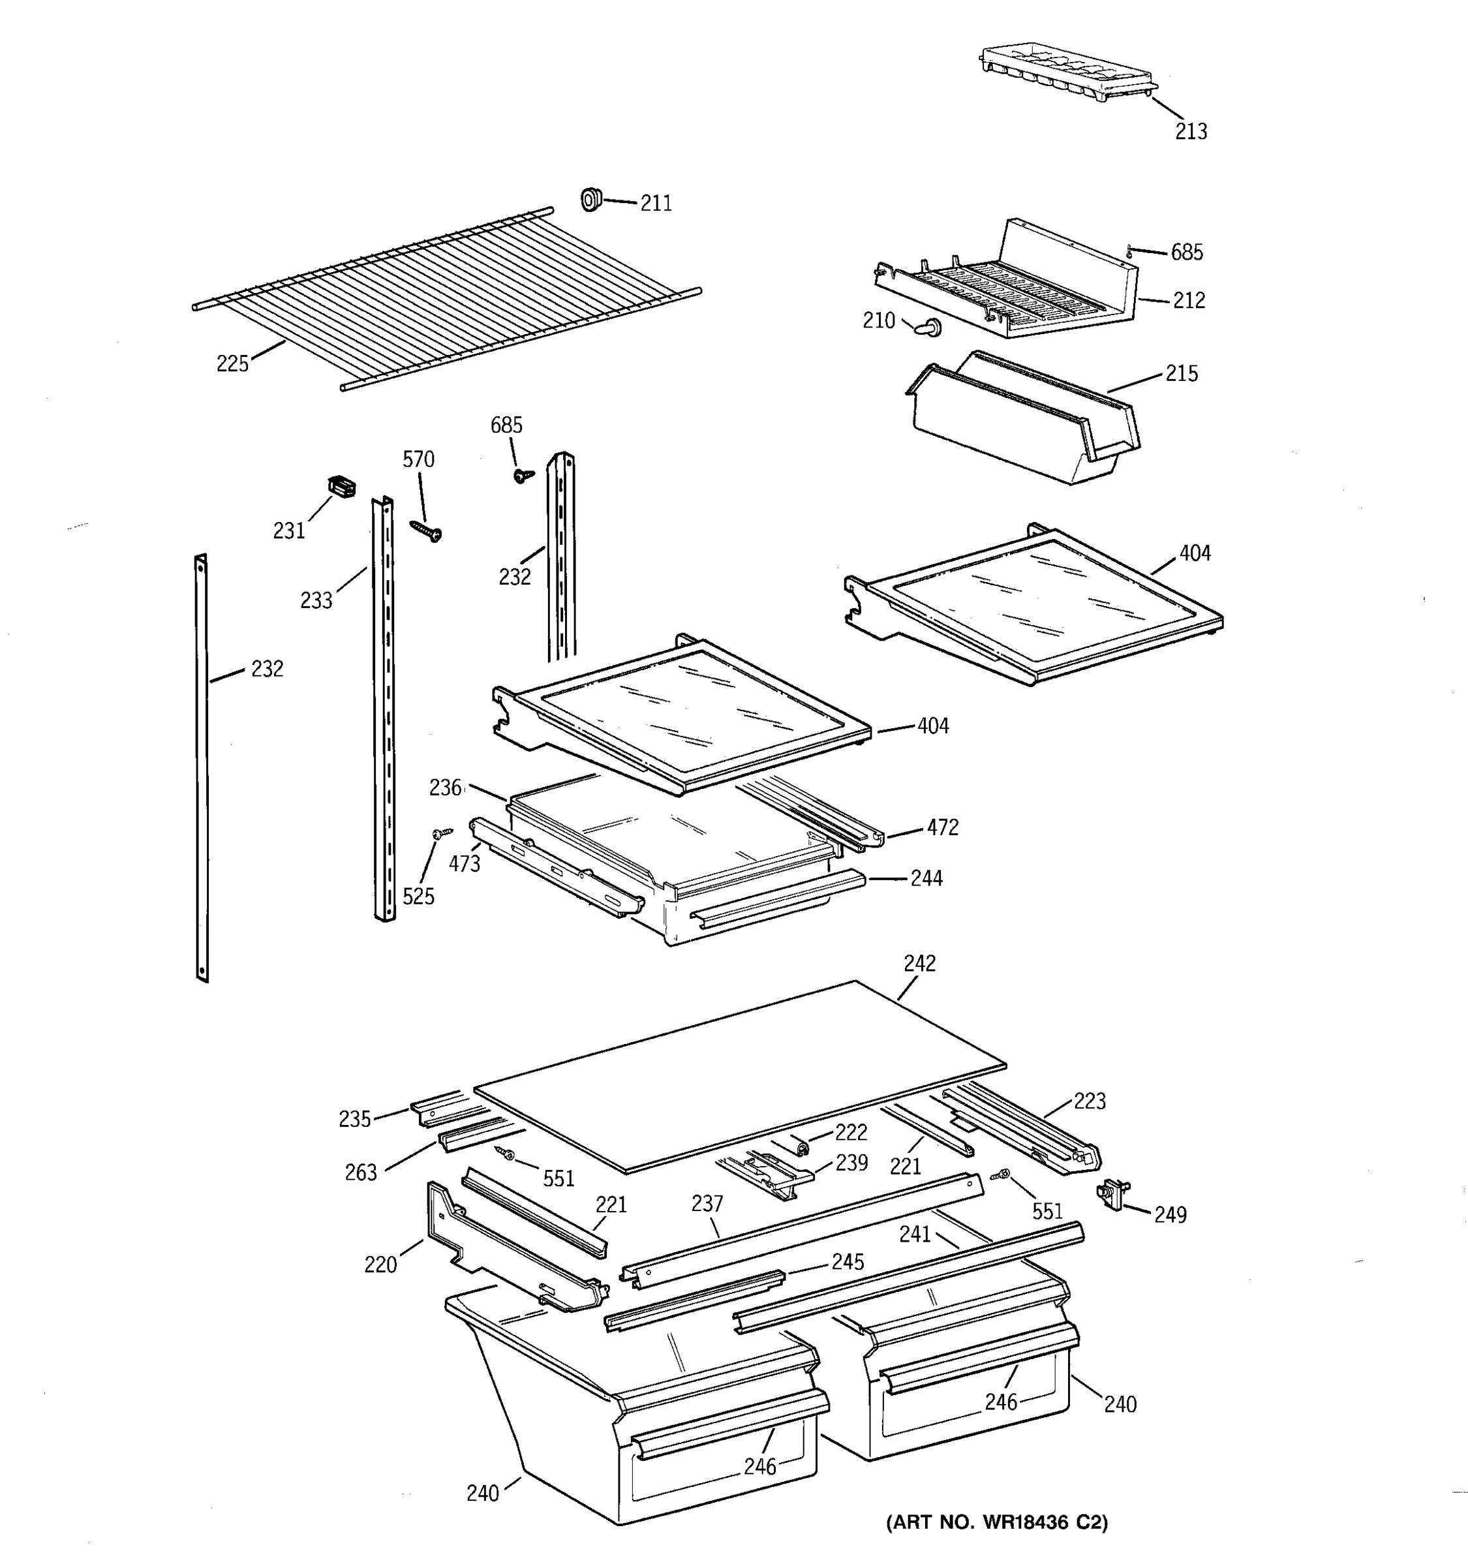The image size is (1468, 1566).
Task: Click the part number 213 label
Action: (1190, 132)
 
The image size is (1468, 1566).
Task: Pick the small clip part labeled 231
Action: (341, 486)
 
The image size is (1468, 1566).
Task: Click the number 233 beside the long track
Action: (316, 601)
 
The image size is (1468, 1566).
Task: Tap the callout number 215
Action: (1182, 373)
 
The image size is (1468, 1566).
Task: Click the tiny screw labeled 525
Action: (442, 832)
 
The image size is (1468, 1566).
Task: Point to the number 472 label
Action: (942, 827)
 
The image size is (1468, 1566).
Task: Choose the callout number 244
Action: (926, 878)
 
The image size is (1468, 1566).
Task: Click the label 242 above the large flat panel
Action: (919, 963)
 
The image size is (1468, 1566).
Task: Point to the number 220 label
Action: (380, 1265)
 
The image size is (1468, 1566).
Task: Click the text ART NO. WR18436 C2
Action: (997, 1523)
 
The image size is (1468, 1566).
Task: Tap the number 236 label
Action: (445, 787)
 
